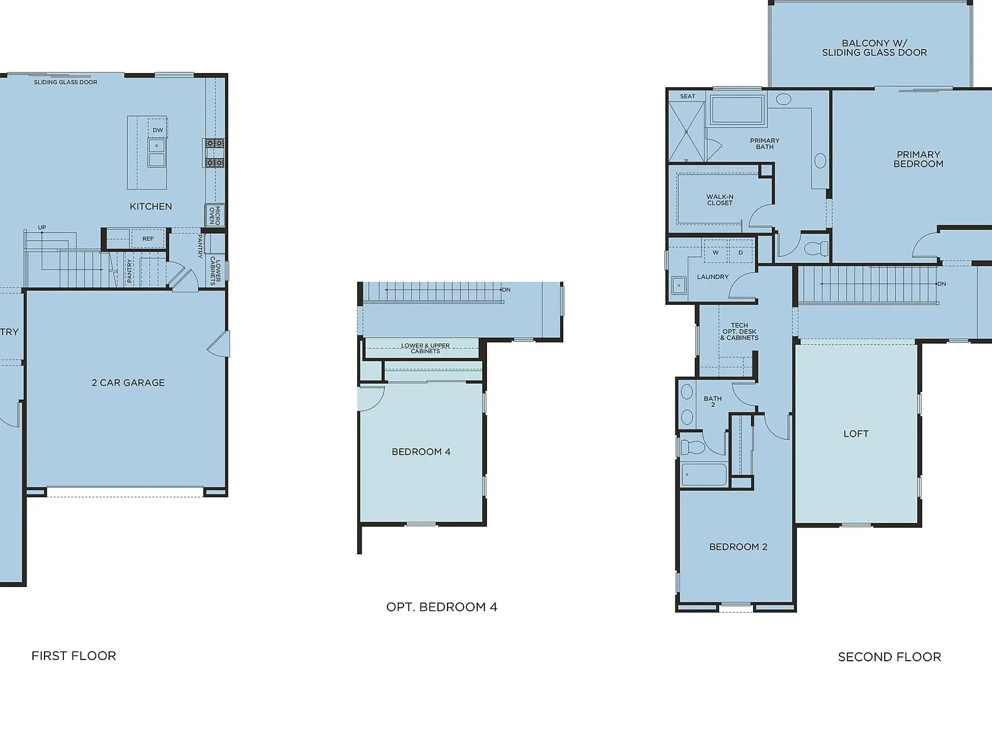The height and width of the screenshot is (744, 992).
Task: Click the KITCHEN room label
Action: click(x=150, y=207)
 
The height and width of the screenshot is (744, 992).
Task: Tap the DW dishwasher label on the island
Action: click(x=158, y=130)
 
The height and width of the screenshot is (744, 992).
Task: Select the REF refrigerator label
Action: click(x=149, y=238)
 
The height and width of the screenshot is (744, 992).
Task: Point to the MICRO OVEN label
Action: click(x=214, y=216)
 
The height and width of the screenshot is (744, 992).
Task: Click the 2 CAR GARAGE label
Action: click(x=128, y=382)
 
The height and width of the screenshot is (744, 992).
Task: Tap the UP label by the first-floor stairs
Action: click(x=42, y=227)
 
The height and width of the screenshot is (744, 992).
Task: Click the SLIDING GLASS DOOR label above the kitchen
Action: click(x=65, y=82)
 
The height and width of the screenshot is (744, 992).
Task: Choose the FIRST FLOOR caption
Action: click(x=74, y=656)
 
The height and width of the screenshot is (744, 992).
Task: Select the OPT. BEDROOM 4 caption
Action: click(x=442, y=607)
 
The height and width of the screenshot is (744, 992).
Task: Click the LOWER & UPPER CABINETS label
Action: click(x=425, y=348)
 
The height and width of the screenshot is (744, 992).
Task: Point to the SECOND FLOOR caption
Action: click(x=889, y=657)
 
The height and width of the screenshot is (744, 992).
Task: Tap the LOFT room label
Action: click(x=856, y=433)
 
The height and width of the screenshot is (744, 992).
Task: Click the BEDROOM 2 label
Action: click(x=738, y=546)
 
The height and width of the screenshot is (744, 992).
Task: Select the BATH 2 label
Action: click(x=713, y=402)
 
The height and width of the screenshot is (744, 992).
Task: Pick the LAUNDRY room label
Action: click(x=713, y=277)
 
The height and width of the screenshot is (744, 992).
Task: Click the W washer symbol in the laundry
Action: click(x=716, y=253)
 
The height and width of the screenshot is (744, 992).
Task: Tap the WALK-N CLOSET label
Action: click(x=720, y=200)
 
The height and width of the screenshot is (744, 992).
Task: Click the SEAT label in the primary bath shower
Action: click(x=687, y=96)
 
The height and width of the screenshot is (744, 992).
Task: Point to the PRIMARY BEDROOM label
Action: click(x=918, y=159)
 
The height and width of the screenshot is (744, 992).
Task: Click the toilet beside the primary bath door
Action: click(x=816, y=249)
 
